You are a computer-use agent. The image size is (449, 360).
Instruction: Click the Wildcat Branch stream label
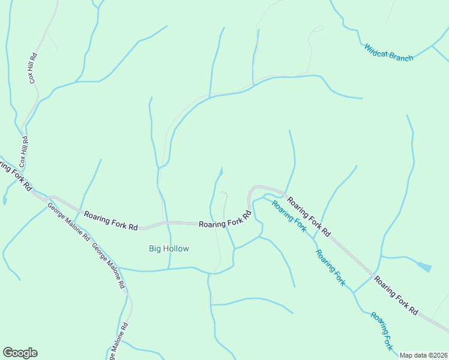tap(388, 52)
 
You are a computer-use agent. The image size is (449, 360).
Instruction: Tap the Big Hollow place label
tap(169, 248)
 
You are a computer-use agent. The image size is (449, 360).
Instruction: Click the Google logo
tap(20, 353)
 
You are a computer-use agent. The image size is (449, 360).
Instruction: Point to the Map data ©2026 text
tap(423, 355)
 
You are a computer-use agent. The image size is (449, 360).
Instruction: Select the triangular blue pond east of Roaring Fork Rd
tap(424, 266)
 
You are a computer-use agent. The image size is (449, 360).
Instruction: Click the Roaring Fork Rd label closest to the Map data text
tap(396, 295)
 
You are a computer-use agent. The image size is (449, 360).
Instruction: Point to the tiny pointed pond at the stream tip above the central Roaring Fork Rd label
tap(221, 172)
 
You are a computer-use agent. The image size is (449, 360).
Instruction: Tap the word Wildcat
tap(376, 49)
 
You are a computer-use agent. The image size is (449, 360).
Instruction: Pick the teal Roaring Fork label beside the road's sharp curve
tap(289, 216)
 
